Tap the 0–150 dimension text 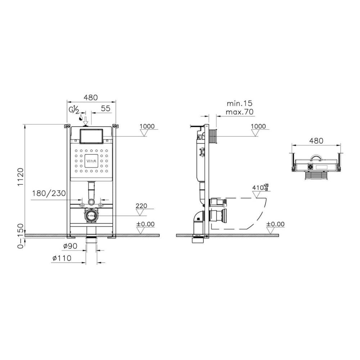[21, 236]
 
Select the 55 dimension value [106, 108]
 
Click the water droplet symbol [81, 118]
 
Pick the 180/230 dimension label [49, 193]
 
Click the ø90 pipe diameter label [70, 246]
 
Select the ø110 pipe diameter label [62, 258]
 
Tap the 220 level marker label [141, 206]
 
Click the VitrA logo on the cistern [91, 161]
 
